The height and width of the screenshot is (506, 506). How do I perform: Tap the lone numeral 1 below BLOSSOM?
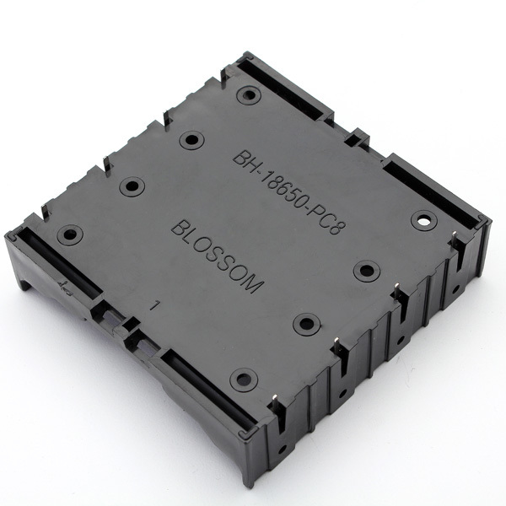[x=156, y=305]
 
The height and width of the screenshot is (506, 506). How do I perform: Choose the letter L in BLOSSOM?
[x=191, y=238]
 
